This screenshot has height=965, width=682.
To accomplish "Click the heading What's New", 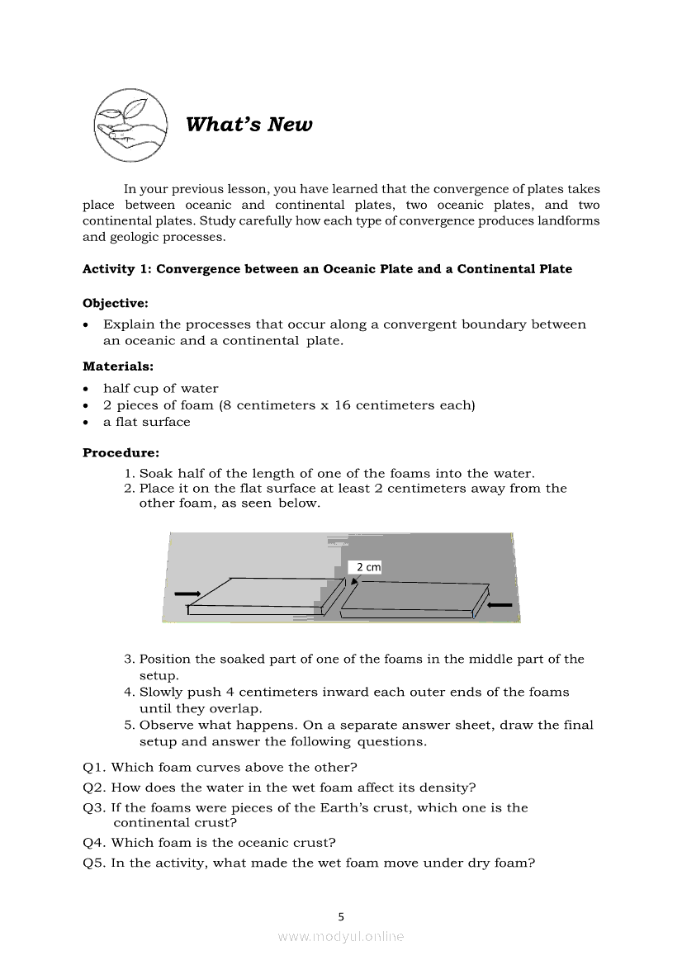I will coord(249,125).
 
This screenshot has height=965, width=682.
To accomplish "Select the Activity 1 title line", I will coord(327,269).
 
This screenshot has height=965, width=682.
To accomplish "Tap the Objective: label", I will coord(116,304).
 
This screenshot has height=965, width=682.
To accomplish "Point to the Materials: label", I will coord(118,367).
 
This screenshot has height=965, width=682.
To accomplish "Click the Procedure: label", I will coord(121,452).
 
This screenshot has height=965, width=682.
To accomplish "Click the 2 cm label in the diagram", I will coord(368,567).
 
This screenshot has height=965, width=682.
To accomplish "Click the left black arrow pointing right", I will coord(187,594).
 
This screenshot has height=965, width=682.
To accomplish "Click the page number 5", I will coord(341,915).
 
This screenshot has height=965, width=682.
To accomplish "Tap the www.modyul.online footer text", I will coord(341,936).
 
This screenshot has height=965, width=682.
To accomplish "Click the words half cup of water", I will coord(161,388).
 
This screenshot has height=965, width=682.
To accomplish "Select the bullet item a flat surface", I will coord(147,422).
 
